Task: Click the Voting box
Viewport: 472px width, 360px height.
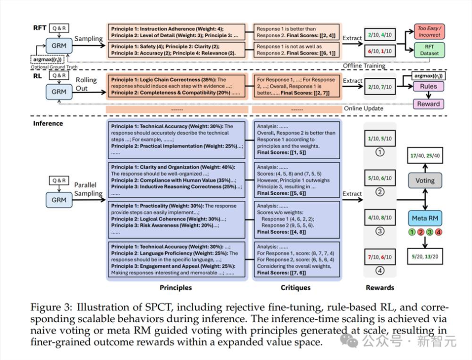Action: [x=425, y=180]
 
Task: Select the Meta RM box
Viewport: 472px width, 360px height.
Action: [x=425, y=218]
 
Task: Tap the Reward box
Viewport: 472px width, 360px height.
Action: [x=428, y=104]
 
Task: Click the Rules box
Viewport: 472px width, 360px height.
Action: [x=428, y=87]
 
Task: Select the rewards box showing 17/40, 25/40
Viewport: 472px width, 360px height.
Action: [x=425, y=155]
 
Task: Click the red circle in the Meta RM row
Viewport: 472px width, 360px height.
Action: [x=420, y=233]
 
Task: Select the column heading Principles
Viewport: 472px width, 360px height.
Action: [x=175, y=287]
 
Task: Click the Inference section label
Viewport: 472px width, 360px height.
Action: [x=48, y=123]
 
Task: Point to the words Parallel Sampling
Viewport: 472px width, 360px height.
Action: [x=88, y=189]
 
